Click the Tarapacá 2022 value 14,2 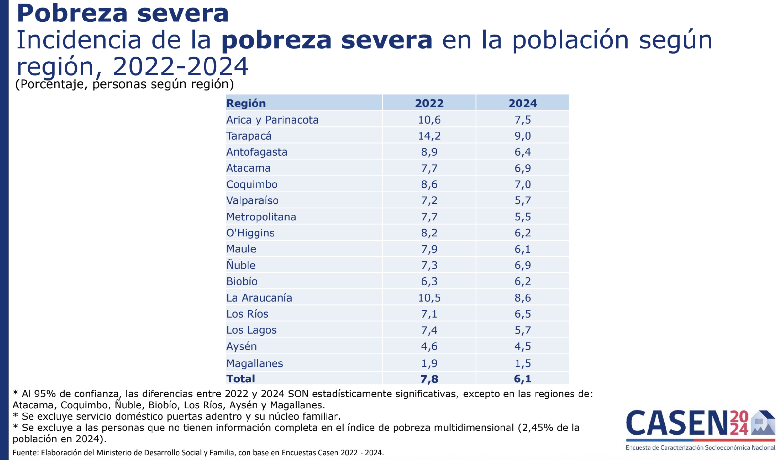tap(429, 136)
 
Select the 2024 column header tap(522, 103)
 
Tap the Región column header tap(246, 103)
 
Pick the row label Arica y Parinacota tap(272, 120)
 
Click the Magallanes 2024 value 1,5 tap(522, 363)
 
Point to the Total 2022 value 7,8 tap(429, 379)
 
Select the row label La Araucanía tap(259, 298)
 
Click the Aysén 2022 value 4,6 tap(429, 346)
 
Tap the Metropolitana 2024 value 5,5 tap(522, 217)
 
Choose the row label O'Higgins tap(250, 233)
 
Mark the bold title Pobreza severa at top tap(123, 13)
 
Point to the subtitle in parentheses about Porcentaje tap(125, 84)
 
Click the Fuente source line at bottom tap(198, 453)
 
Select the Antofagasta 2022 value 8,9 tap(429, 152)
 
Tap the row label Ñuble tap(241, 265)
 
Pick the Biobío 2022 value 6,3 tap(429, 281)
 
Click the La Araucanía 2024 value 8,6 tap(522, 298)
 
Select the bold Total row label tap(240, 379)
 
